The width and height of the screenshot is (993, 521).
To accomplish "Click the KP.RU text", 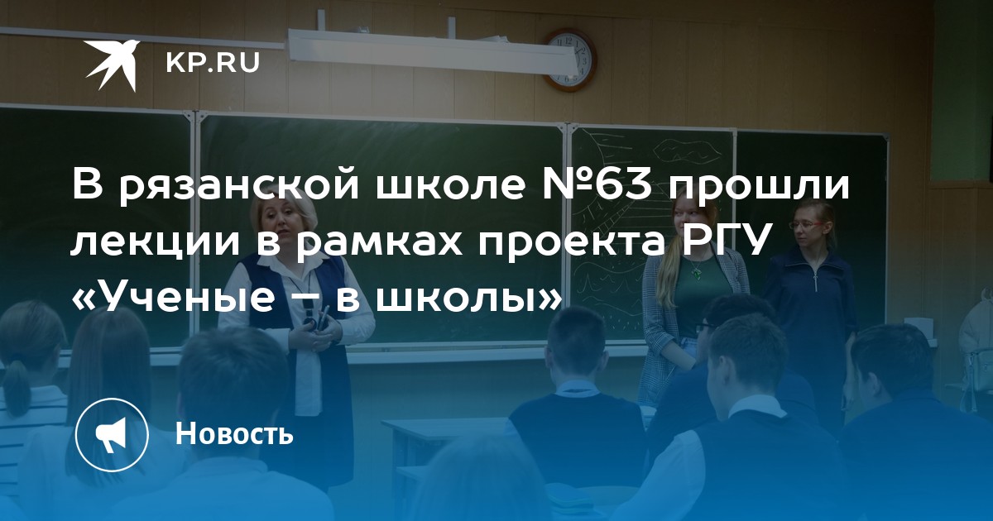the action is pyautogui.click(x=213, y=63).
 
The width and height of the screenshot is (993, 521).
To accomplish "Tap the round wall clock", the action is pyautogui.click(x=569, y=60).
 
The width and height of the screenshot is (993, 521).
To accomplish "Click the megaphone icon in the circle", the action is pyautogui.click(x=111, y=435).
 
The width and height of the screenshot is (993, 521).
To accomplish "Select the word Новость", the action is pyautogui.click(x=234, y=433).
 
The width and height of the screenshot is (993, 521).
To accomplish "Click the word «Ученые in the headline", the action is pyautogui.click(x=173, y=297).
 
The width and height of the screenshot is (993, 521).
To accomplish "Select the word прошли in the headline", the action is pyautogui.click(x=759, y=186).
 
